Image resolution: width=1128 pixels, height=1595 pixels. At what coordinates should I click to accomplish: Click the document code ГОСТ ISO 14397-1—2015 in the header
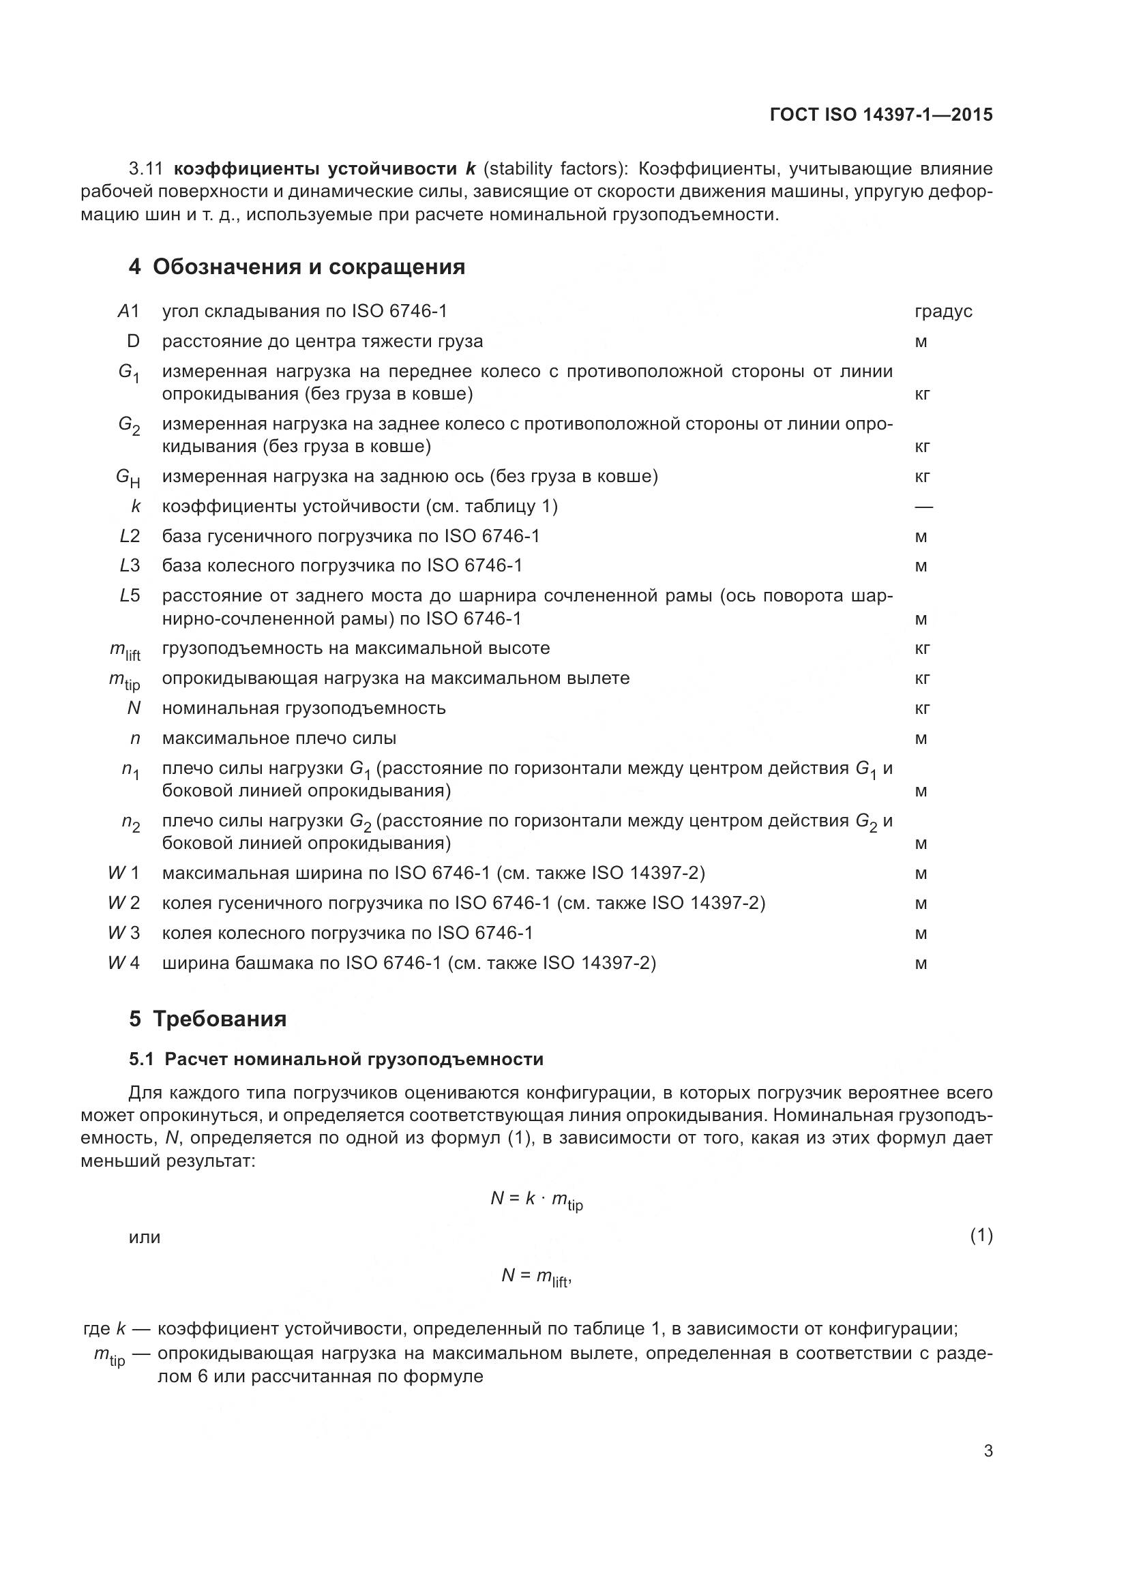click(880, 115)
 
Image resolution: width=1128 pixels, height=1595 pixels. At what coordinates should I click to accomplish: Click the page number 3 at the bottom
click(988, 1450)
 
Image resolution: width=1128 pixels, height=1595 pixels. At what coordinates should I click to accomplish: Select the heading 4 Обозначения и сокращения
click(297, 267)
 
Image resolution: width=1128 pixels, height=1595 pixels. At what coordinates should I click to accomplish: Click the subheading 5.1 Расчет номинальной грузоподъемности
click(336, 1059)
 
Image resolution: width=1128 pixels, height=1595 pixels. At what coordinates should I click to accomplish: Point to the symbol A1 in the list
click(128, 311)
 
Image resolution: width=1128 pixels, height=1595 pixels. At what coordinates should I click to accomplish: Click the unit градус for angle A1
click(943, 311)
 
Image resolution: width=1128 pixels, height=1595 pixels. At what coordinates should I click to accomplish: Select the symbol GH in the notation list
click(128, 477)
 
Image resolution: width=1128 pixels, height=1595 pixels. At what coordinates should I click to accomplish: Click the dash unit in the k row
click(924, 507)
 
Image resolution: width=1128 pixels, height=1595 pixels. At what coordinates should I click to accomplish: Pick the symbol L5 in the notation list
click(129, 595)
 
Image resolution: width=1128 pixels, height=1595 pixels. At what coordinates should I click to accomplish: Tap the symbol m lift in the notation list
click(125, 651)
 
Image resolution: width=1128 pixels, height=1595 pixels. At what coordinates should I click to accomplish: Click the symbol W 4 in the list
click(123, 963)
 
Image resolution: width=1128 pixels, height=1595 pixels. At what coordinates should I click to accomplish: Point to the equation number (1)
click(981, 1235)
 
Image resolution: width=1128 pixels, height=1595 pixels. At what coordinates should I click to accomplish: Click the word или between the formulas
click(145, 1237)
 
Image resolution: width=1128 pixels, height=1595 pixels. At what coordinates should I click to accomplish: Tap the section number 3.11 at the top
click(145, 169)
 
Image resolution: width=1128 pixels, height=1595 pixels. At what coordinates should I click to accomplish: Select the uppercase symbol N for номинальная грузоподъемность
click(134, 708)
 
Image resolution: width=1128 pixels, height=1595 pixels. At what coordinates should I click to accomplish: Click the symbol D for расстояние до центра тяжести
click(134, 341)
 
